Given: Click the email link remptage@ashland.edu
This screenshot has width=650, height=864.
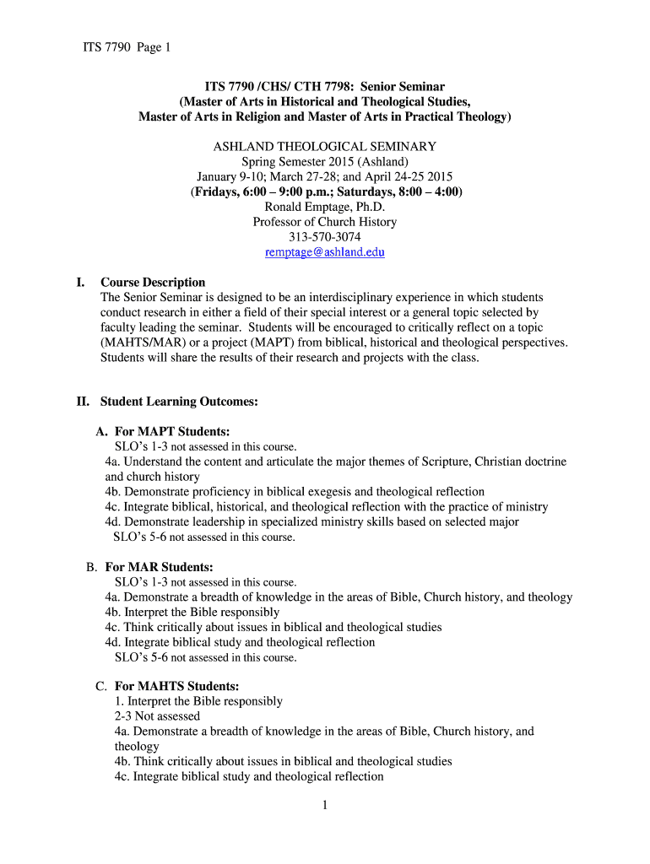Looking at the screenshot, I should click(324, 252).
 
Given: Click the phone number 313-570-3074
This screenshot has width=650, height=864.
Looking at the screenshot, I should click(324, 237).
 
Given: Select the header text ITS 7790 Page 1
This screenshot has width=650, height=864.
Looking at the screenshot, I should click(120, 47).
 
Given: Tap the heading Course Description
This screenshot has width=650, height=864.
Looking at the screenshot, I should click(153, 283).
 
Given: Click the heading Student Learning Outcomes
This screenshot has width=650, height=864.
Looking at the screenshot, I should click(179, 402).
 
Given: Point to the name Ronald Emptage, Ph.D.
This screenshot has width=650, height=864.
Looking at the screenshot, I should click(324, 207).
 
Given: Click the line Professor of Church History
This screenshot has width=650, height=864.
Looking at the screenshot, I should click(324, 222).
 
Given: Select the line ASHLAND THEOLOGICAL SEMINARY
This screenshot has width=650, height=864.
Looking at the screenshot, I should click(324, 146).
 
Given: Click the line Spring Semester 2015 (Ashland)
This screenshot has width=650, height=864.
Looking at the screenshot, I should click(324, 161).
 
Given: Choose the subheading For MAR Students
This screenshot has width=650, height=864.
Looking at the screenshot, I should click(159, 567).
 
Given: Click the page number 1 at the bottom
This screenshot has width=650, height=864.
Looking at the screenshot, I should click(324, 806).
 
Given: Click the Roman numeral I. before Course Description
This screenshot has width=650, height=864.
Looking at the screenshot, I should click(79, 283).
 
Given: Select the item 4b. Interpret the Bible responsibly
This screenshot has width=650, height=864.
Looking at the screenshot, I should click(192, 612).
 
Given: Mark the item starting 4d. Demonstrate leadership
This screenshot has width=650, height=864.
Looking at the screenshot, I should click(311, 521).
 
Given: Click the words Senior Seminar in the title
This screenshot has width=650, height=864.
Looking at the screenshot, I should click(403, 87).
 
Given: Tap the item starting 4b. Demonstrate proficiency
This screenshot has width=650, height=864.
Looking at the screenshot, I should click(295, 492).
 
